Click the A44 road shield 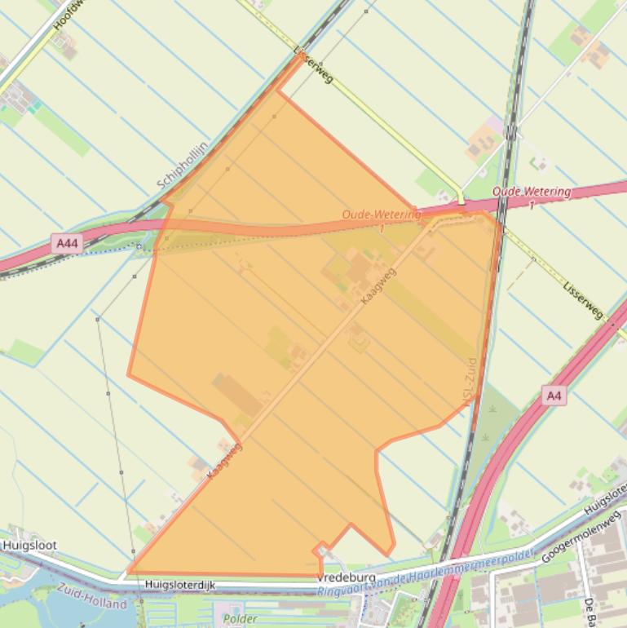click(68, 243)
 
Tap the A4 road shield click(554, 396)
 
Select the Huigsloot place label click(29, 545)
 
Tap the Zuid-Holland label click(91, 599)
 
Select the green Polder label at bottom click(240, 619)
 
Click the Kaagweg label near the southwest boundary click(224, 460)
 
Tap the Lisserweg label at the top click(313, 64)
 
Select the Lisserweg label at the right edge click(583, 299)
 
